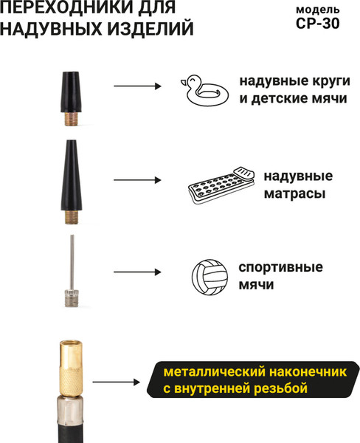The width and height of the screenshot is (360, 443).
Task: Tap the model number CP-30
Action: coord(318,24)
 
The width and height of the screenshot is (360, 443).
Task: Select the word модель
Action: coord(318,10)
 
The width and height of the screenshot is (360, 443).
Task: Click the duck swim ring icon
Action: coord(204,90)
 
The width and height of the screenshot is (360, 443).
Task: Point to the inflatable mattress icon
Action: coord(221,185)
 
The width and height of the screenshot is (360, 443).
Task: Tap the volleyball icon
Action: coord(210,277)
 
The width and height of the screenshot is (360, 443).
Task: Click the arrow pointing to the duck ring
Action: coord(137,86)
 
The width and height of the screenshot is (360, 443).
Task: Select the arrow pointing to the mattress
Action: coord(137,180)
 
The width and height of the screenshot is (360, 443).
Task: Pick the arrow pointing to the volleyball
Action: coord(137,272)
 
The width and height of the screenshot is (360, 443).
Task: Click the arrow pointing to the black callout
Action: coord(117,382)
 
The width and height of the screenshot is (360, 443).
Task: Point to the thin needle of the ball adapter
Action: coord(72,262)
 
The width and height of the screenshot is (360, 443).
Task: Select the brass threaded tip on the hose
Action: coord(71,368)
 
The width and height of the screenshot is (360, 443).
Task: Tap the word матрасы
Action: coord(294,193)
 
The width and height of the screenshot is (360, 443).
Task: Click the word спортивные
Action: coord(280,267)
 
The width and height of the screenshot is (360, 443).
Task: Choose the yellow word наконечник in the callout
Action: coord(308,372)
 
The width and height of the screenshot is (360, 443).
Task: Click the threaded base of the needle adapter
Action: coord(72,298)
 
